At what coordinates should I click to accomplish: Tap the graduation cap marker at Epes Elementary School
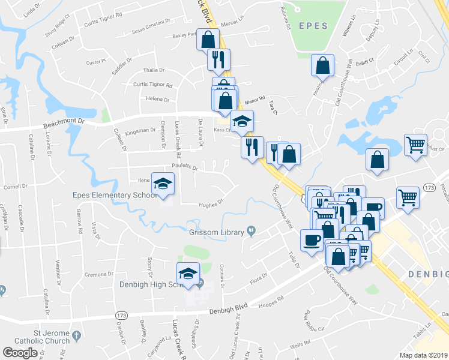click(163, 184)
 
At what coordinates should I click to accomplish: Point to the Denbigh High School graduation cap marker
click(188, 274)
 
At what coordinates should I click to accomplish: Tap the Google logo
click(20, 353)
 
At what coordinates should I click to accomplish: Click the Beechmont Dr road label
click(65, 123)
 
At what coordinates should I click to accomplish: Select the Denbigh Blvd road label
click(228, 310)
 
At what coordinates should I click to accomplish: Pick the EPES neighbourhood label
click(313, 26)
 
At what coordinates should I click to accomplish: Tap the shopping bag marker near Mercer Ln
click(208, 40)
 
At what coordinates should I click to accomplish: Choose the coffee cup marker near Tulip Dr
click(312, 241)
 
